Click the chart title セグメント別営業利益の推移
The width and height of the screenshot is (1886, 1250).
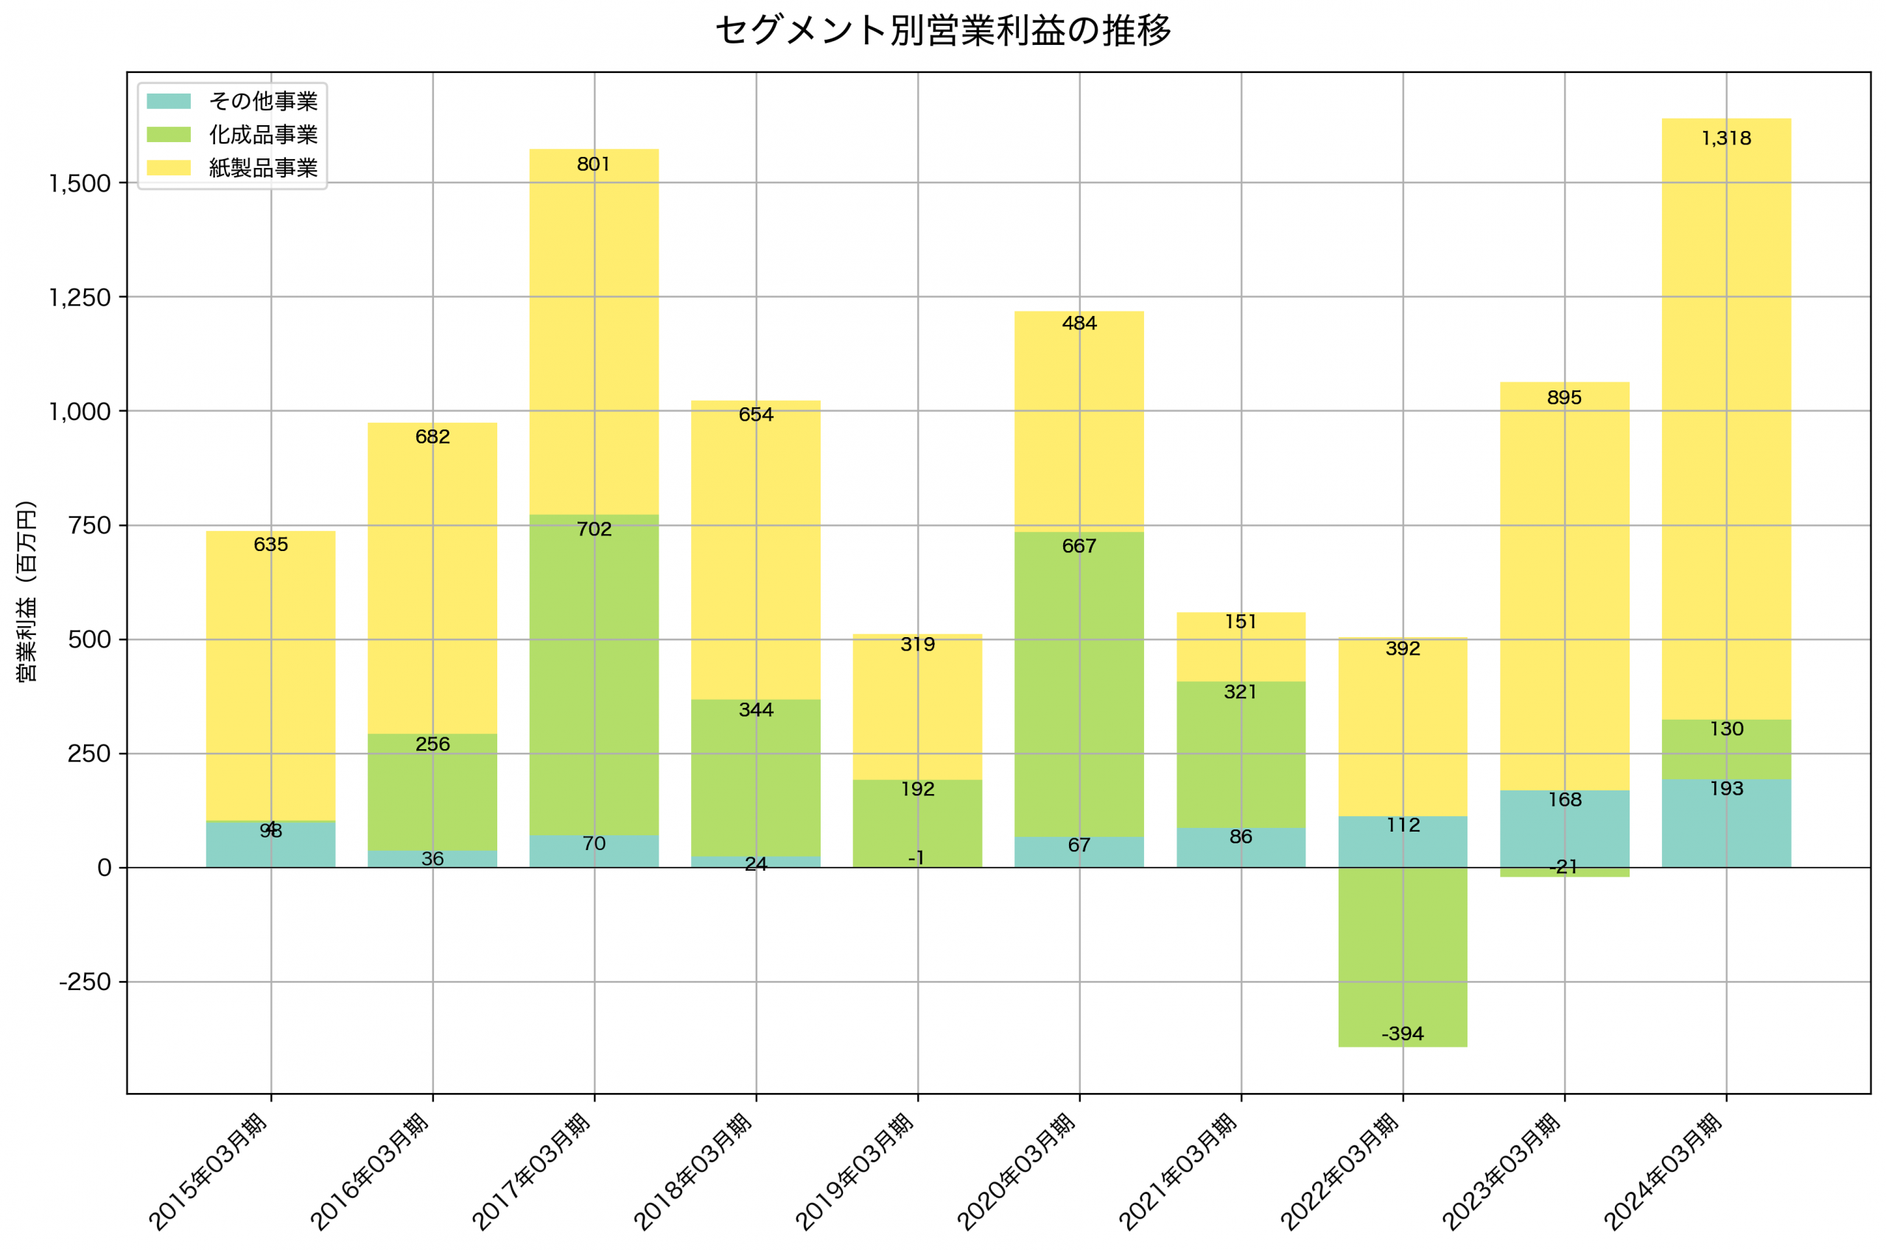point(942,31)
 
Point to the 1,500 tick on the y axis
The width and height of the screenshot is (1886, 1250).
point(80,183)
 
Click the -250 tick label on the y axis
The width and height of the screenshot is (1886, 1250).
point(85,982)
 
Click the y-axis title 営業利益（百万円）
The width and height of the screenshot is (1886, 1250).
point(27,591)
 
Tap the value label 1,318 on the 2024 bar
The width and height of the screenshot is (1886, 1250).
point(1726,138)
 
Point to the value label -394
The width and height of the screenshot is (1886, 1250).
point(1402,1034)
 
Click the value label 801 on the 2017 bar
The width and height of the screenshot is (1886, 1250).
point(594,164)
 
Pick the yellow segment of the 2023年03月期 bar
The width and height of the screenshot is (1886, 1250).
point(1564,590)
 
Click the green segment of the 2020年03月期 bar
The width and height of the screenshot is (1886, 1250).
point(1079,686)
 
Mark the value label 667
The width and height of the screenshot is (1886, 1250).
point(1079,546)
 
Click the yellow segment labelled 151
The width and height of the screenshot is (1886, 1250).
point(1241,647)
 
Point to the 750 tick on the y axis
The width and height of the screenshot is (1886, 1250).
point(89,525)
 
